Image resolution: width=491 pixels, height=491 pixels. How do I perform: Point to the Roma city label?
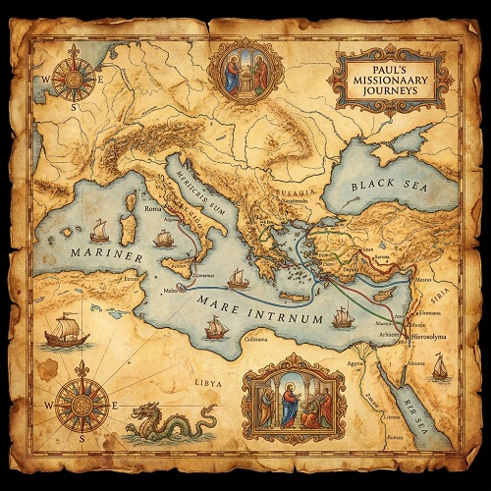153,209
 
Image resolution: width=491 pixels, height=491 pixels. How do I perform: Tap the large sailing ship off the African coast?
67,330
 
